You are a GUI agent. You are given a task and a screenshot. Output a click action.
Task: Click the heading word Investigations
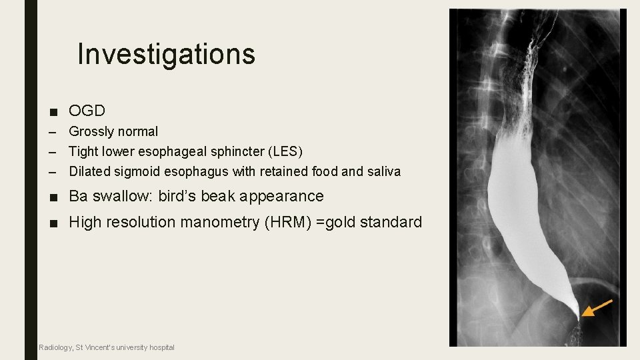(166, 54)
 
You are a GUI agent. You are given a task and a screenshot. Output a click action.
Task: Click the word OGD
(87, 111)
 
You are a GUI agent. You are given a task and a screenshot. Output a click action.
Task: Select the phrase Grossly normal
(113, 131)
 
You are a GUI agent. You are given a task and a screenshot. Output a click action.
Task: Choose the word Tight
(83, 151)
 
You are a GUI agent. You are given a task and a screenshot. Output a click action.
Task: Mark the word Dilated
(89, 171)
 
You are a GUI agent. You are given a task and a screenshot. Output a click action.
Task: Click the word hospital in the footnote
(161, 347)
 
